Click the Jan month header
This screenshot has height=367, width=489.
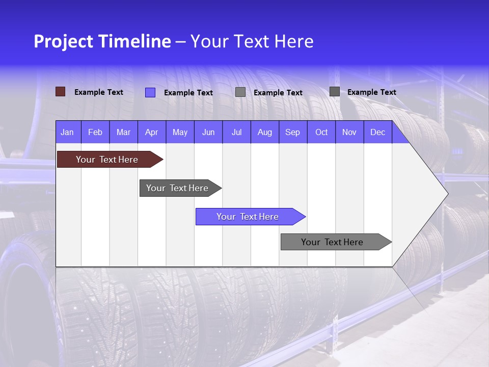(67, 133)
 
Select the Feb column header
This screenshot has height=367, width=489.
(95, 133)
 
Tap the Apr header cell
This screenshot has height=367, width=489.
(151, 133)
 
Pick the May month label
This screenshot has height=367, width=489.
(180, 133)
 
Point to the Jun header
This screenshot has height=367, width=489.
(208, 133)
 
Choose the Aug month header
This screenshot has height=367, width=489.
(264, 133)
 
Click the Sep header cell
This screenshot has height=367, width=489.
(292, 133)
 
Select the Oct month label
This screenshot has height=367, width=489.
(321, 133)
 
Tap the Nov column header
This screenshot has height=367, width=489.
(349, 133)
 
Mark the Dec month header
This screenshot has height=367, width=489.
(377, 133)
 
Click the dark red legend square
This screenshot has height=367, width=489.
(61, 92)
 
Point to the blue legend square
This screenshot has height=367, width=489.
(150, 92)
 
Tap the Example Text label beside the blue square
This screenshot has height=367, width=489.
(188, 93)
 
